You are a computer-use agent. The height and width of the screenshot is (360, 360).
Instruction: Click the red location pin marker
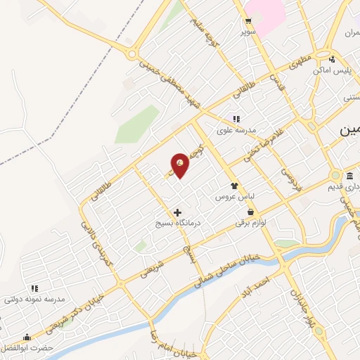point(181,164)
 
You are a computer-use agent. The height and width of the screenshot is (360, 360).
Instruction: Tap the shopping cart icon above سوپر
point(247,21)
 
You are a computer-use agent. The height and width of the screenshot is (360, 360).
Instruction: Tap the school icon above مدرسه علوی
point(236,119)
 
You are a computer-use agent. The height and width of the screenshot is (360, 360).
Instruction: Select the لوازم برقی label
point(252,222)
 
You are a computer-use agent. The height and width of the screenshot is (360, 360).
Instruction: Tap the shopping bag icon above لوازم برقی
point(250,212)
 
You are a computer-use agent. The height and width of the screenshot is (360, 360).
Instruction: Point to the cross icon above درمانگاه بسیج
point(177,212)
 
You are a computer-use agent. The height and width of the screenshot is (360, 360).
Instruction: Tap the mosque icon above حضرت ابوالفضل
point(27,337)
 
